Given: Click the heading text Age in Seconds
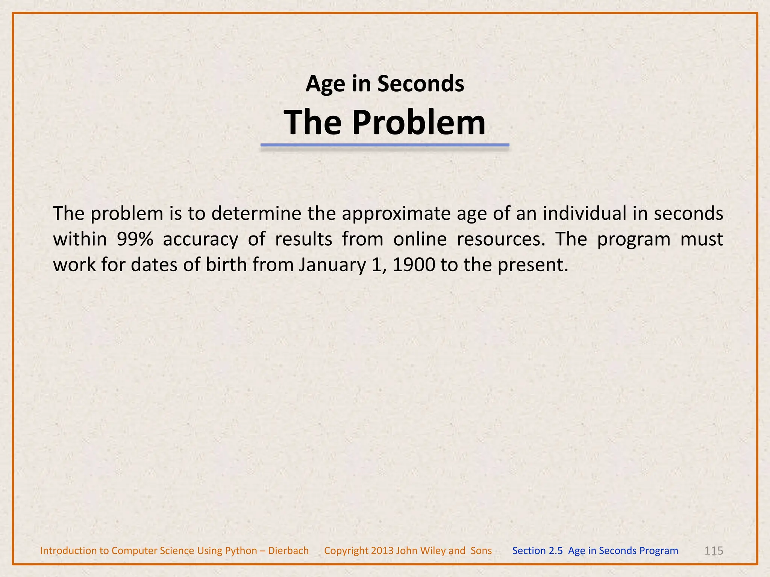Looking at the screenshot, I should coord(385,84).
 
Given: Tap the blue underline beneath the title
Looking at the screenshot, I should coord(385,145).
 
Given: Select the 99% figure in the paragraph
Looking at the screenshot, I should coord(135,239).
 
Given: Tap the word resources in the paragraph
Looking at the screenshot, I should coord(500,240).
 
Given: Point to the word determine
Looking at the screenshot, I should coord(256,213).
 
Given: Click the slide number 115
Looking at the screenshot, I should coord(713,551).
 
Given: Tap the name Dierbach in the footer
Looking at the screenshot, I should coord(288,551).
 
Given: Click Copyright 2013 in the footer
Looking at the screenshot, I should coord(358,551).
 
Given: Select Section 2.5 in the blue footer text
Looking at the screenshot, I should coord(537,551).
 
